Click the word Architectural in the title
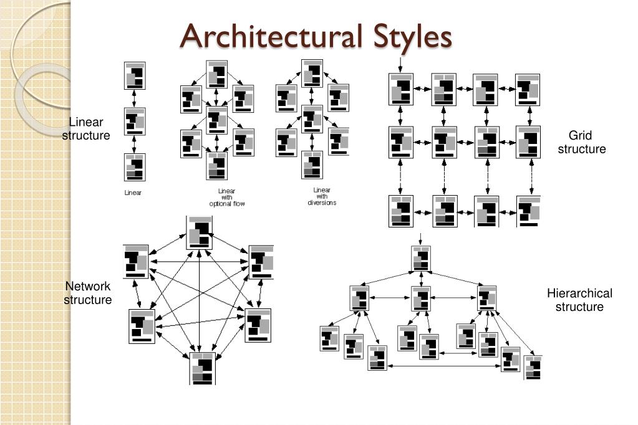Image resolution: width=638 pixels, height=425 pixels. click(x=271, y=36)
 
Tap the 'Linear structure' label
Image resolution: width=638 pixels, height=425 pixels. click(x=86, y=128)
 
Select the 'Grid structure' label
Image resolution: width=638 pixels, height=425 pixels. click(x=581, y=142)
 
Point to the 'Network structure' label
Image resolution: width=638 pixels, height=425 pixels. click(x=88, y=293)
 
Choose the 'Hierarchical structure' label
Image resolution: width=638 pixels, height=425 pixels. click(x=579, y=300)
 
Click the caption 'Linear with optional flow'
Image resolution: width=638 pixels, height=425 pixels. click(x=227, y=198)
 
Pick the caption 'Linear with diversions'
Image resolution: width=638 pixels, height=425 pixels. click(x=322, y=196)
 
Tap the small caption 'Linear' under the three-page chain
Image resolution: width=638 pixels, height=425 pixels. click(x=133, y=193)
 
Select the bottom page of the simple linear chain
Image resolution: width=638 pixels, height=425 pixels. click(x=135, y=167)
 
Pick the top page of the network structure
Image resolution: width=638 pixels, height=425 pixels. click(x=200, y=233)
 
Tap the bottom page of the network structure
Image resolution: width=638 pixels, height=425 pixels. click(x=203, y=368)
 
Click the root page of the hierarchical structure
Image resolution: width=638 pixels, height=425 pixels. click(x=421, y=258)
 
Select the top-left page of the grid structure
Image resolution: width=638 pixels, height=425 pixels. click(x=401, y=89)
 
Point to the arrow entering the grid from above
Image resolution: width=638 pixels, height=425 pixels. click(x=400, y=64)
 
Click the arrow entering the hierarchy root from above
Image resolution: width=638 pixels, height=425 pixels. click(x=421, y=239)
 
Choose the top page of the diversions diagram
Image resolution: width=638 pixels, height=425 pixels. click(x=312, y=73)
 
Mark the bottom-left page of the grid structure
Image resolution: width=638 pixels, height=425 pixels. click(x=401, y=211)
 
